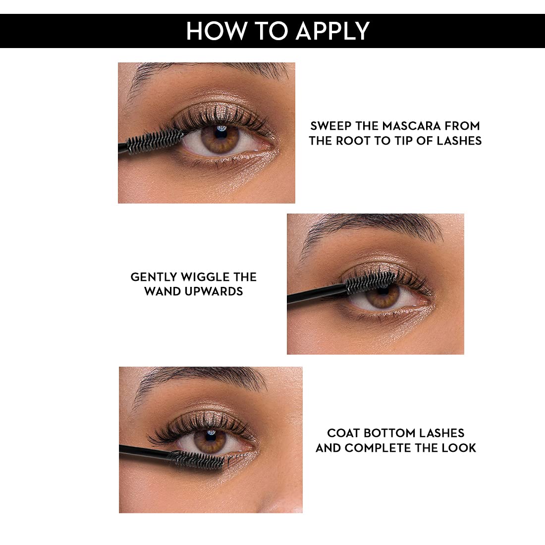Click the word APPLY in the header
[x=332, y=31]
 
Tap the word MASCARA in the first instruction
[x=412, y=125]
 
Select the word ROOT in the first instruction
[x=353, y=140]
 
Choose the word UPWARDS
[x=214, y=291]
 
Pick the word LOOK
[x=459, y=448]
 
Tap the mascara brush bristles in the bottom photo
[x=196, y=459]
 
